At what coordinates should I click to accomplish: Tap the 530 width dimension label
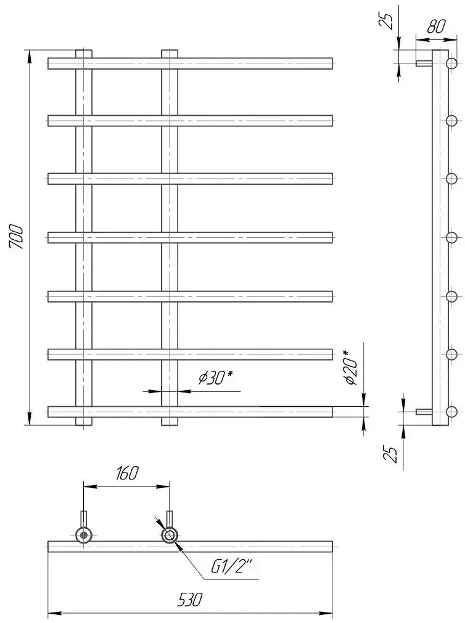pos(190,600)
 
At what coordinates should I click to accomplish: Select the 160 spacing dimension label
pos(126,473)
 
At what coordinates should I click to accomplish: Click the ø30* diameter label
pos(216,378)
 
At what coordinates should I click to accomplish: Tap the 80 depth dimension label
pos(436,27)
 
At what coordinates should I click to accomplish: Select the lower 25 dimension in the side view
pos(390,454)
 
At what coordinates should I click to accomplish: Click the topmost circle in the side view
pos(451,63)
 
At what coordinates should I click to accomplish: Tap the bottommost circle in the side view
pos(451,412)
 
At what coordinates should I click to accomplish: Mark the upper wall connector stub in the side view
pos(424,63)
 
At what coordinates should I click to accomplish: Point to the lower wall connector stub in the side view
pos(424,412)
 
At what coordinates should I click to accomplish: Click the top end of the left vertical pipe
pos(83,50)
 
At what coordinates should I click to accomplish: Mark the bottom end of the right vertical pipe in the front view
pos(170,425)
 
